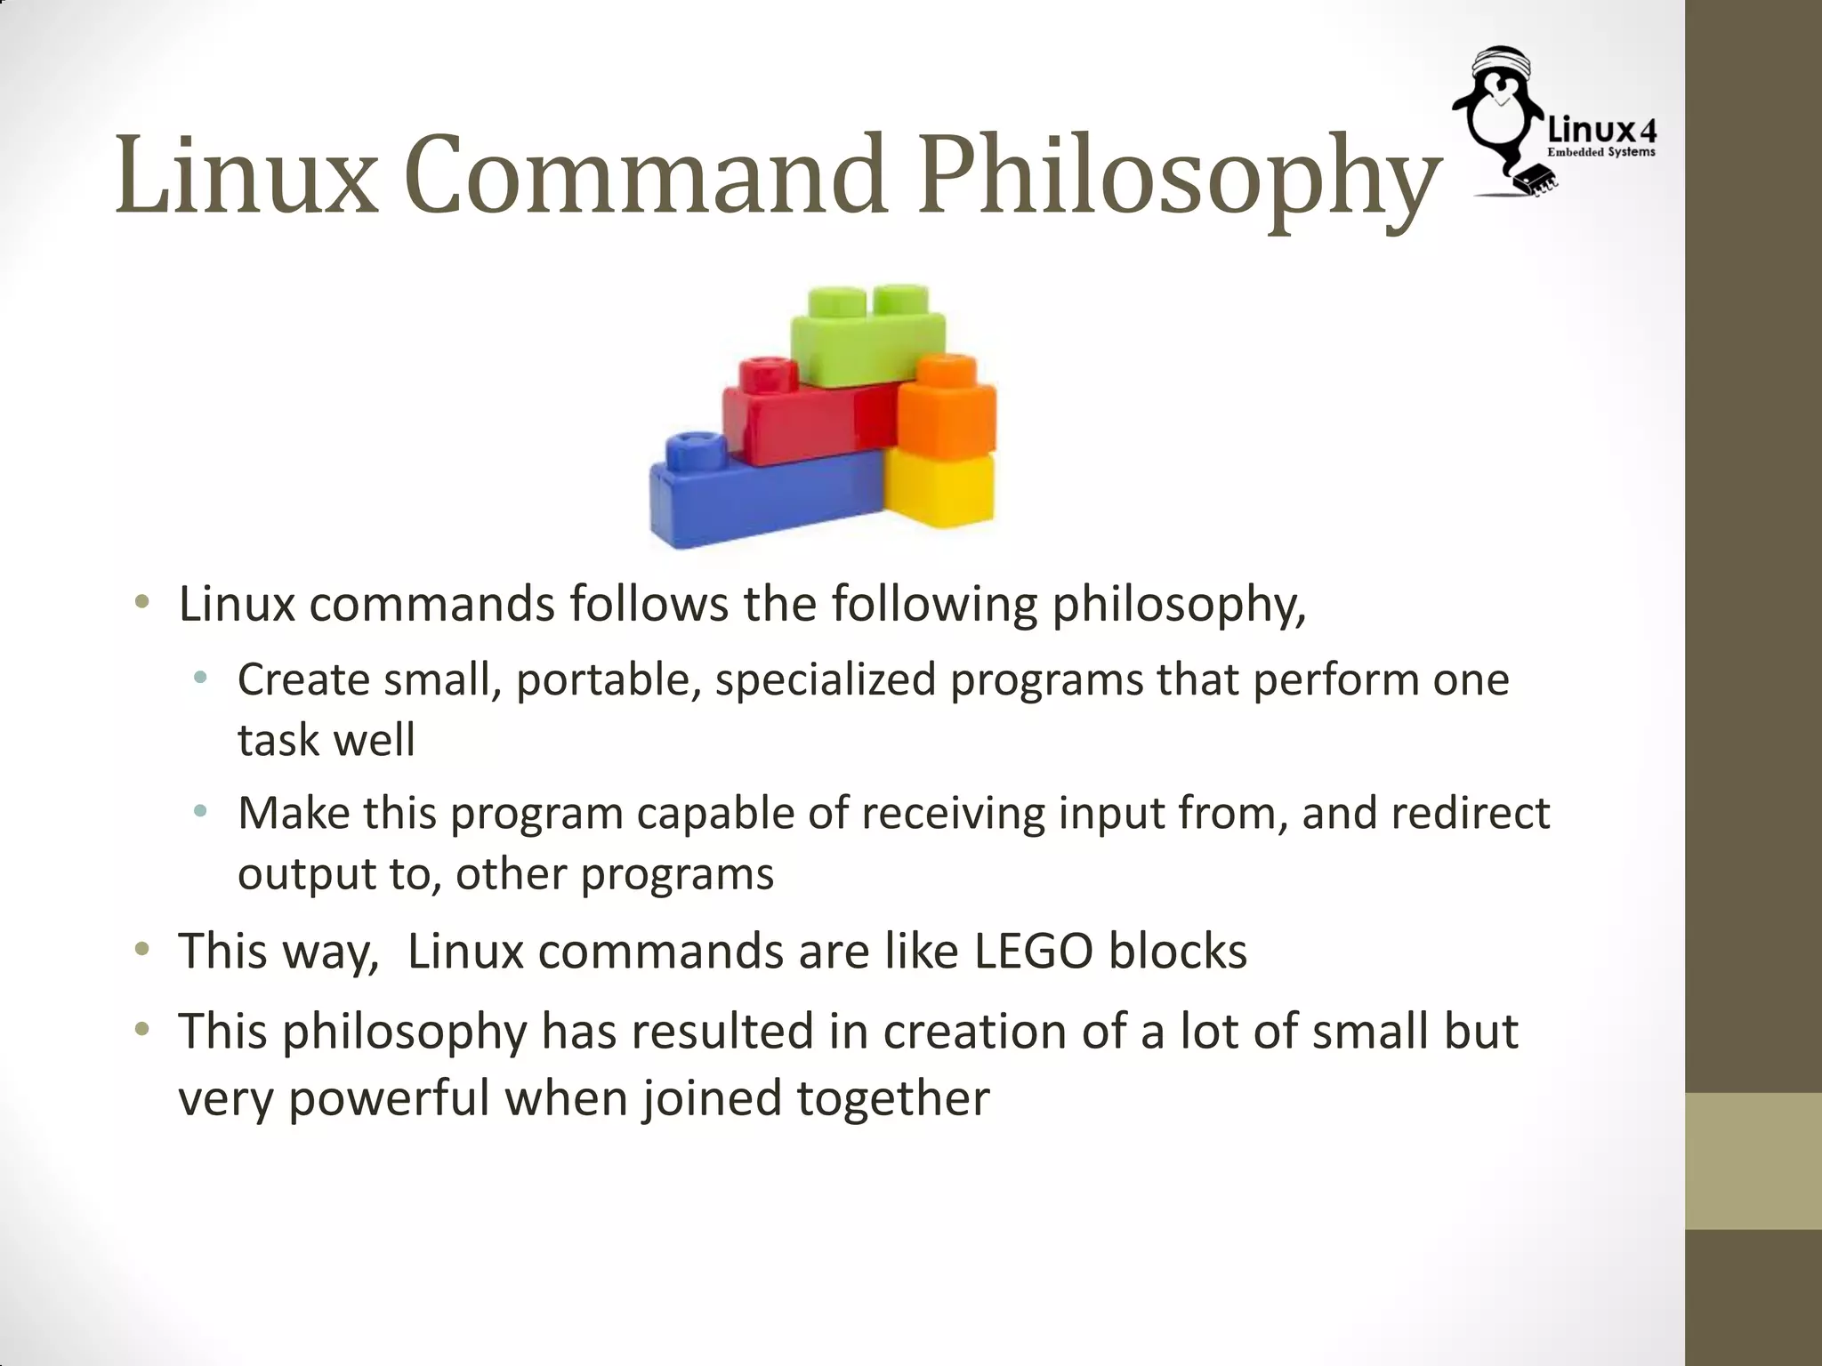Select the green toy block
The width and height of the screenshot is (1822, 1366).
tap(867, 338)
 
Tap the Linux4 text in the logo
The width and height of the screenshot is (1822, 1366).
tap(1602, 132)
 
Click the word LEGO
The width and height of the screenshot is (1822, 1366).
tap(1033, 952)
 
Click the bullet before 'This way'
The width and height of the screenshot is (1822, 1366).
tap(141, 951)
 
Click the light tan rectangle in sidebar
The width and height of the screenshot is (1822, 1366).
tap(1753, 1161)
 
